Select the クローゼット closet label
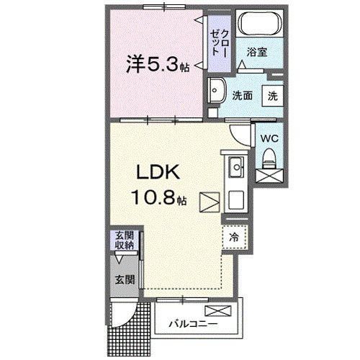219,42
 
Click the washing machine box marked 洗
274,94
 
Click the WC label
269,137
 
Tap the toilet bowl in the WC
269,156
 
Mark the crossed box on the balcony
218,310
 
